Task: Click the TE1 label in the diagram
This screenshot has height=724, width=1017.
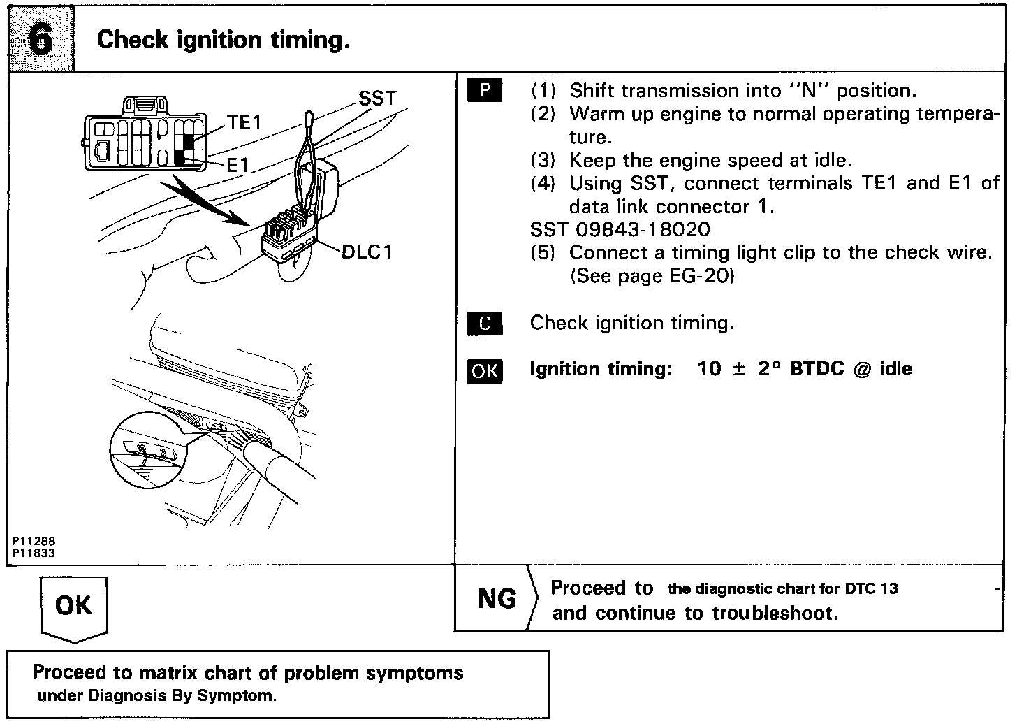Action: point(244,123)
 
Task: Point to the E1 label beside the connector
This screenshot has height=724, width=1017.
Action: point(237,165)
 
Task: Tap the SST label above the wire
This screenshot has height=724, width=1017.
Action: point(377,99)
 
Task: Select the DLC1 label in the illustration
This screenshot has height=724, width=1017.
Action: point(367,252)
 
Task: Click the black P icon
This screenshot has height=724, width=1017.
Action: point(485,91)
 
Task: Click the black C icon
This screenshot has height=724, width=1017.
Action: point(485,324)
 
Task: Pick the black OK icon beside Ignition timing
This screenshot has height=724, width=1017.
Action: point(485,370)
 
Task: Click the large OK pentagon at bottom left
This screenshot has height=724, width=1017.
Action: point(74,606)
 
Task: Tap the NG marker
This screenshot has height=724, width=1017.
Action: point(497,599)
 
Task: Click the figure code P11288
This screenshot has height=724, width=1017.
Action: point(33,542)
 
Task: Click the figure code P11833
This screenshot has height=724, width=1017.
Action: point(33,553)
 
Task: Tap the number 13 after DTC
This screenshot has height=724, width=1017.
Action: point(889,588)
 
